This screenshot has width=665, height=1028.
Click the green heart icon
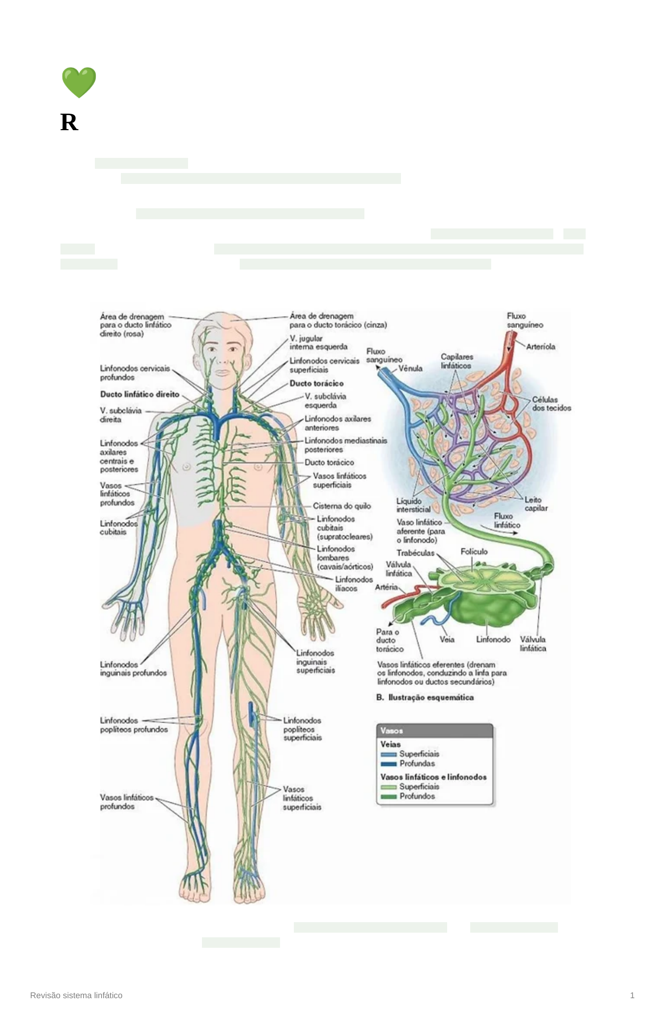(79, 82)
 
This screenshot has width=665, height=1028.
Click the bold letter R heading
(69, 123)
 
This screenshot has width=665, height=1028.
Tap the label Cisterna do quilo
(342, 506)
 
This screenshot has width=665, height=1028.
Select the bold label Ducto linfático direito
(139, 394)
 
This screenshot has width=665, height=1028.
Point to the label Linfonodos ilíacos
(353, 584)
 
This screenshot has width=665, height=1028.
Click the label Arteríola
(540, 346)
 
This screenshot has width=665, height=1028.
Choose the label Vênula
(410, 368)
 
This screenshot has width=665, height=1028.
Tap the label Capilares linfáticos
(456, 361)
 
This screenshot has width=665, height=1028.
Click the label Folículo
(474, 551)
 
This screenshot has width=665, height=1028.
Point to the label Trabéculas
(415, 553)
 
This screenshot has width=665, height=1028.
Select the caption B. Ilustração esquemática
(425, 697)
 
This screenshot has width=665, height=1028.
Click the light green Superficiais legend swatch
(389, 787)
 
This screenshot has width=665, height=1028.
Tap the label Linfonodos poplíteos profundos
(134, 725)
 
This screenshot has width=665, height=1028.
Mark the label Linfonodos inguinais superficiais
(315, 662)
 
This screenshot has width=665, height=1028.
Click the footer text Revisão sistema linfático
(76, 995)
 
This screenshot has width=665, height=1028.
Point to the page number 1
(632, 995)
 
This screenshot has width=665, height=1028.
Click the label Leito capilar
(536, 504)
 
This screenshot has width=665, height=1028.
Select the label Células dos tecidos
(551, 404)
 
